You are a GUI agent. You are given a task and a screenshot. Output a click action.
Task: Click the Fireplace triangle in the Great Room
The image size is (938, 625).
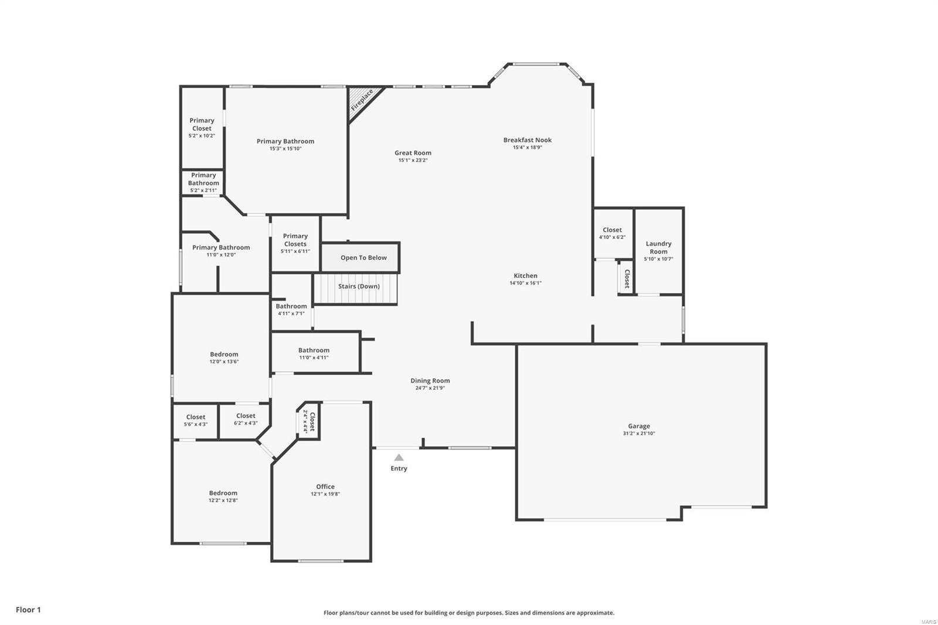pyautogui.click(x=361, y=101)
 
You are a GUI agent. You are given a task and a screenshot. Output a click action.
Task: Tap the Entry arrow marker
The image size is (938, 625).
pyautogui.click(x=399, y=457)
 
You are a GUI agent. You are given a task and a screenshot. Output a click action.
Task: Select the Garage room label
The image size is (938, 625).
pyautogui.click(x=638, y=426)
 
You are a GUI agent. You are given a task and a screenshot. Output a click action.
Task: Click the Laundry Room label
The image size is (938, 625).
pyautogui.click(x=658, y=247)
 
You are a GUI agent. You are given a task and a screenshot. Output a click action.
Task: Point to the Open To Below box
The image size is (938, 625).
pyautogui.click(x=363, y=257)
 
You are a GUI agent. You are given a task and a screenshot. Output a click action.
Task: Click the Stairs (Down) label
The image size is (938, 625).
pyautogui.click(x=359, y=286)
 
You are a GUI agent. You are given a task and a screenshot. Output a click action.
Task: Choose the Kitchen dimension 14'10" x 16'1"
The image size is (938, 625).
pyautogui.click(x=525, y=283)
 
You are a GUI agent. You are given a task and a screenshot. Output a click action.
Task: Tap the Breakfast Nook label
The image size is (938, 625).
pyautogui.click(x=527, y=140)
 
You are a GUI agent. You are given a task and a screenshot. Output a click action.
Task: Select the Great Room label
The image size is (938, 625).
pyautogui.click(x=413, y=153)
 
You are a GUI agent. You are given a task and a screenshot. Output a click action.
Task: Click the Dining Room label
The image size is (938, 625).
pyautogui.click(x=430, y=381)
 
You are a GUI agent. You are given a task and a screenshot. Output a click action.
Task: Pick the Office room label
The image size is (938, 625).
pyautogui.click(x=325, y=487)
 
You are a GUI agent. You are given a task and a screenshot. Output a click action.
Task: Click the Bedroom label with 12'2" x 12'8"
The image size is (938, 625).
pyautogui.click(x=223, y=493)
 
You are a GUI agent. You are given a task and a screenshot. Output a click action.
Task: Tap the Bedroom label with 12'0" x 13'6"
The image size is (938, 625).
pyautogui.click(x=224, y=354)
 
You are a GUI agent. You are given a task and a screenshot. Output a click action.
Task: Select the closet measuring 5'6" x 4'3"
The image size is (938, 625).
pyautogui.click(x=196, y=420)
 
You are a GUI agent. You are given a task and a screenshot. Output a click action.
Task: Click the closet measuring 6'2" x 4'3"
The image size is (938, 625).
pyautogui.click(x=246, y=419)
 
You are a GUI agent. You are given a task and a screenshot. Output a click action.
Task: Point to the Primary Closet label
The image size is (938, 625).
pyautogui.click(x=202, y=124)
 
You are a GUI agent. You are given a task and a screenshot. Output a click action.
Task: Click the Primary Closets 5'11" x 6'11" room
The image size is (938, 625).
pyautogui.click(x=295, y=243)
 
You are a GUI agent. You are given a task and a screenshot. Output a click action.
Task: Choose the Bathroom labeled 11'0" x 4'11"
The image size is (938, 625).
pyautogui.click(x=314, y=354)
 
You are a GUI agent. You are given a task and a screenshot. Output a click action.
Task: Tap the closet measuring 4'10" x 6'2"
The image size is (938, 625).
pyautogui.click(x=612, y=233)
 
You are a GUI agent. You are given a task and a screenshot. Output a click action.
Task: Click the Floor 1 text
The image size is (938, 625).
pyautogui.click(x=28, y=610)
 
